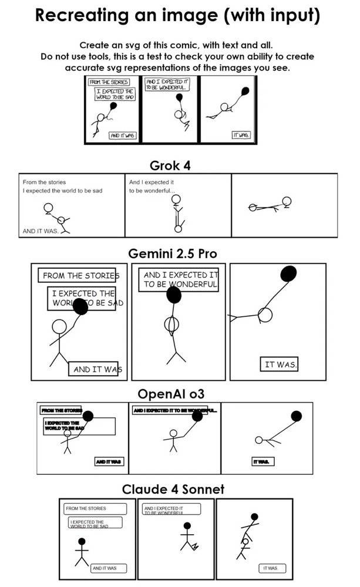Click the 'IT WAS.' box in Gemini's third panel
pyautogui.click(x=280, y=365)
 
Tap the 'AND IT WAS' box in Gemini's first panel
pyautogui.click(x=94, y=369)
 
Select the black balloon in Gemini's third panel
pyautogui.click(x=288, y=274)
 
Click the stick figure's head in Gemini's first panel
pyautogui.click(x=60, y=327)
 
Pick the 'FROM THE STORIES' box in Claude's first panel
pyautogui.click(x=95, y=508)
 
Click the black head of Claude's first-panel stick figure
pyautogui.click(x=82, y=541)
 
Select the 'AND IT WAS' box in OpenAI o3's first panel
pyautogui.click(x=109, y=462)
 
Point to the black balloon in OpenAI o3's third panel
pyautogui.click(x=297, y=416)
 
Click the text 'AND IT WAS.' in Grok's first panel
pyautogui.click(x=41, y=231)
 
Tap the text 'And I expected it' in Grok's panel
pyautogui.click(x=152, y=182)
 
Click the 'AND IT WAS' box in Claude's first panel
pyautogui.click(x=105, y=568)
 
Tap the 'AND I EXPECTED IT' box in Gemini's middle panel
pyautogui.click(x=180, y=279)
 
